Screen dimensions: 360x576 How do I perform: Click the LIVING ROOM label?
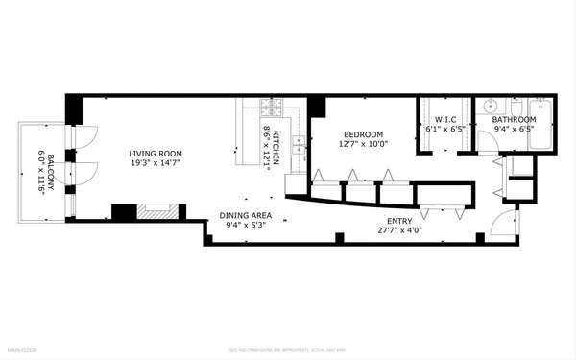tap(156, 154)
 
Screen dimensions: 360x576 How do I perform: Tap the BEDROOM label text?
tap(362, 134)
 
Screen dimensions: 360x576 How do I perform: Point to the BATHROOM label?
tap(515, 119)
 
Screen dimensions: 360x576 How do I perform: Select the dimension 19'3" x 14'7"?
tap(156, 164)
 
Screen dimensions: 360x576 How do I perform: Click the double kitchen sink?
tap(299, 145)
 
